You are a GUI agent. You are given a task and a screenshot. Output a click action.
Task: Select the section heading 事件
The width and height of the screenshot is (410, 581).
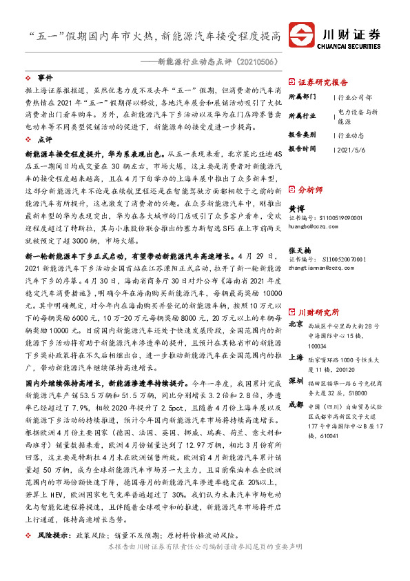pos(45,78)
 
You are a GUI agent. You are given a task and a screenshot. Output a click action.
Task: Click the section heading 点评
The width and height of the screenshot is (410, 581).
pos(45,139)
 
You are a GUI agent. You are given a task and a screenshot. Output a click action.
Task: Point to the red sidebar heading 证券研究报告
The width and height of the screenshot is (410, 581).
pos(323,81)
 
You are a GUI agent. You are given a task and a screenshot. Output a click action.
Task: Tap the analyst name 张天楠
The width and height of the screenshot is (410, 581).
pos(300,250)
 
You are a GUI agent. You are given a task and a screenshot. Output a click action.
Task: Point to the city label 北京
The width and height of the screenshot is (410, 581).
pos(296,304)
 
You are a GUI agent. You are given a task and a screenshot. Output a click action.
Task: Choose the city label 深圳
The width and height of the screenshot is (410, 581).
pos(296,380)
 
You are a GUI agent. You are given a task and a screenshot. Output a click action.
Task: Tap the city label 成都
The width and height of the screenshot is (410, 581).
pos(296,404)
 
